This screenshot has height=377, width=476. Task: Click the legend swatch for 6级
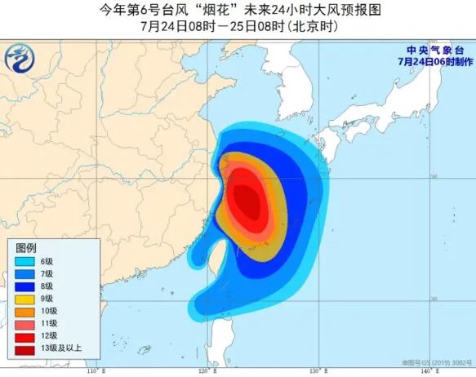click(27, 261)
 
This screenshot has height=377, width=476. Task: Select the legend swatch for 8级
click(27, 286)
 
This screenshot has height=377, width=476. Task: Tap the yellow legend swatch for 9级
click(27, 299)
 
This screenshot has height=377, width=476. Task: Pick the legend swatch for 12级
click(27, 336)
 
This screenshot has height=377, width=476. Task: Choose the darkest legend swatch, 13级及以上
click(27, 349)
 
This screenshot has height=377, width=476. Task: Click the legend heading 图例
click(27, 247)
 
